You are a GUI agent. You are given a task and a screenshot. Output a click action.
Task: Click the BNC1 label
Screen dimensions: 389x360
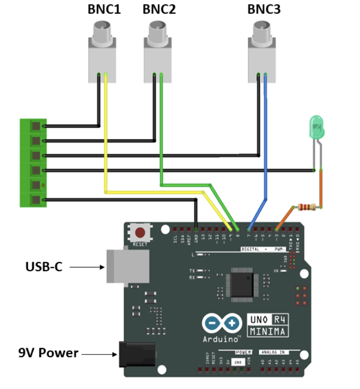coord(104,10)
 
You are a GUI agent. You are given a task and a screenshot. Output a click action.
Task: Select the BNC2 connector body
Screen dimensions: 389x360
coord(157,58)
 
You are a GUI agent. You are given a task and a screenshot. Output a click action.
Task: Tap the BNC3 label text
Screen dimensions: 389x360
coord(264,10)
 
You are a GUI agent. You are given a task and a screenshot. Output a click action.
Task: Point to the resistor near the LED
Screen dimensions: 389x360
coord(304,207)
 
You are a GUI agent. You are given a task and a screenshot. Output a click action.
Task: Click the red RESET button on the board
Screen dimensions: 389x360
coord(140,232)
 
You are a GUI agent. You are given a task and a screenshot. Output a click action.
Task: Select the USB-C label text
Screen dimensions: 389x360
coord(44,267)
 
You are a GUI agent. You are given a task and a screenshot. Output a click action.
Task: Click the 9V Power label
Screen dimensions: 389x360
coord(48,353)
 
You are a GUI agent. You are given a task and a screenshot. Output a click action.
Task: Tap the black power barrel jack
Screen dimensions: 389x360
coord(137,355)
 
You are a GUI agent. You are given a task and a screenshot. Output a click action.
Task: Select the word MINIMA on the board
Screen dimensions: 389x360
coord(268,331)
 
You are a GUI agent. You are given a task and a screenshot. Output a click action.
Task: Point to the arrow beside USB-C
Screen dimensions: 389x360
coord(87,267)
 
